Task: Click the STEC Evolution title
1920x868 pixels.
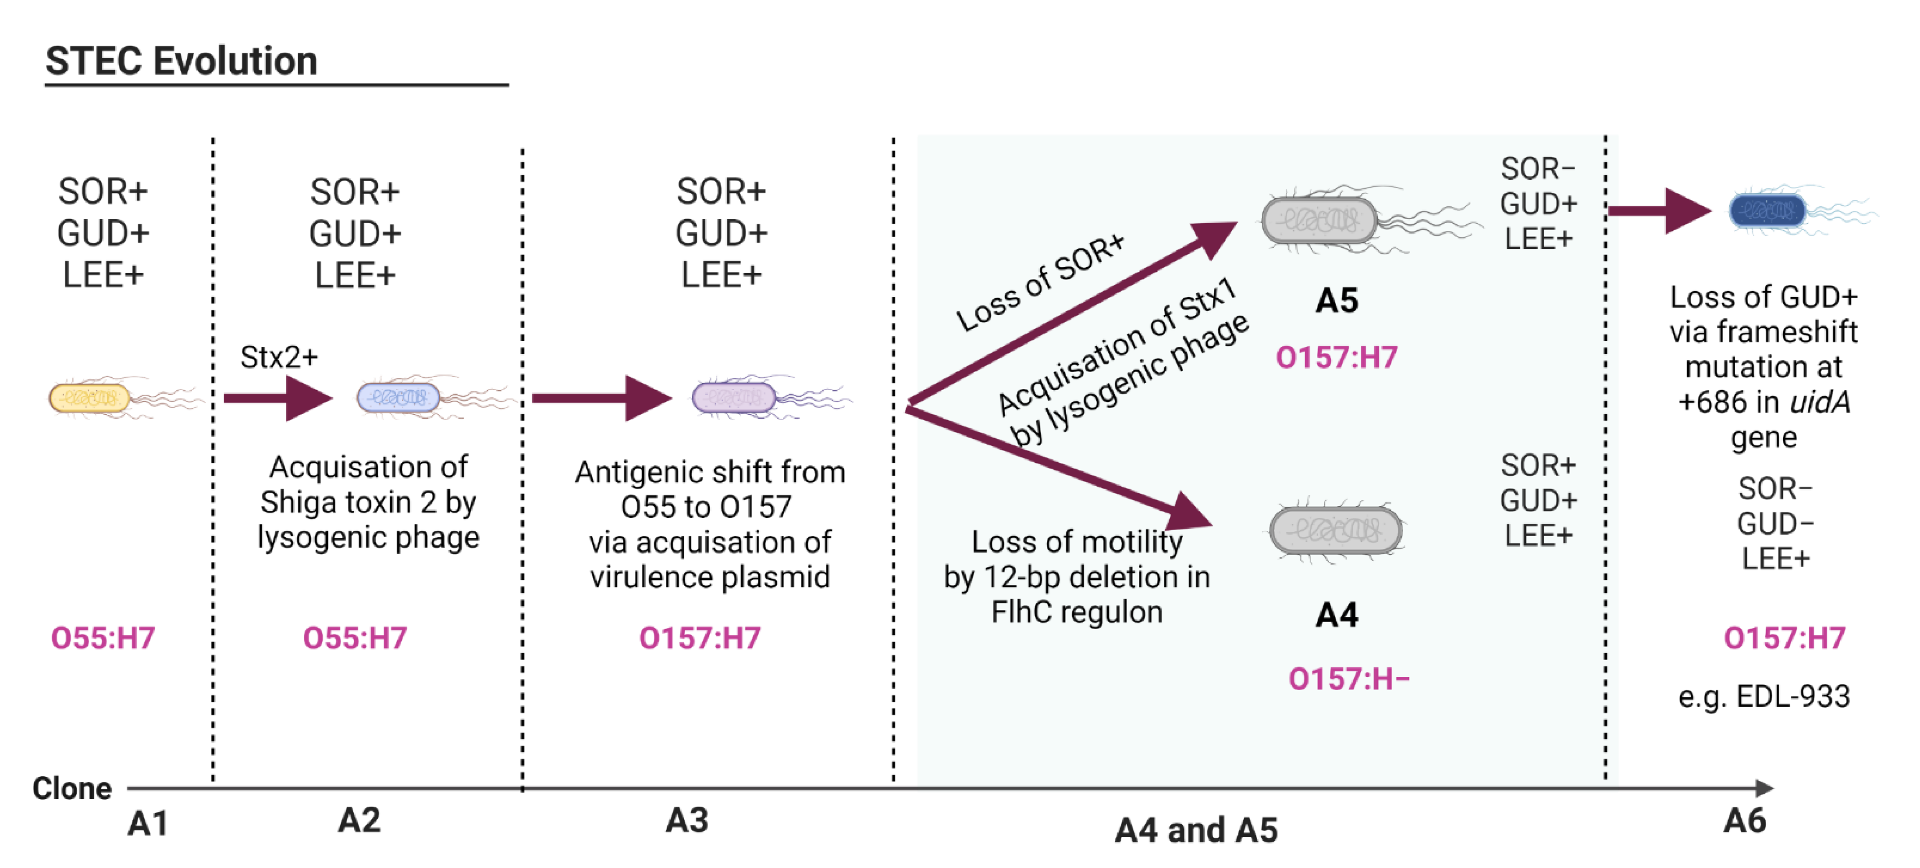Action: pos(181,61)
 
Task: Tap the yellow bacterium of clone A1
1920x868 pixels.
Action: pos(89,398)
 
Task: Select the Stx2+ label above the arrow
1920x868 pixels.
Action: pos(279,357)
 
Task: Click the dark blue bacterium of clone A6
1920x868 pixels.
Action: pos(1767,210)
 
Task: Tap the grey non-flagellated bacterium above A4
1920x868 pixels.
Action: pos(1336,530)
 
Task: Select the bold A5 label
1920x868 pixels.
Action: pos(1337,301)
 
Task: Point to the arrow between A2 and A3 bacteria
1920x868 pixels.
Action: pos(601,398)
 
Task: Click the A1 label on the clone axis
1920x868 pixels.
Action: pos(148,823)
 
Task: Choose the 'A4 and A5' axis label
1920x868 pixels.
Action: pos(1195,830)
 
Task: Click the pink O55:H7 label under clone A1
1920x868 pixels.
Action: pos(103,638)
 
